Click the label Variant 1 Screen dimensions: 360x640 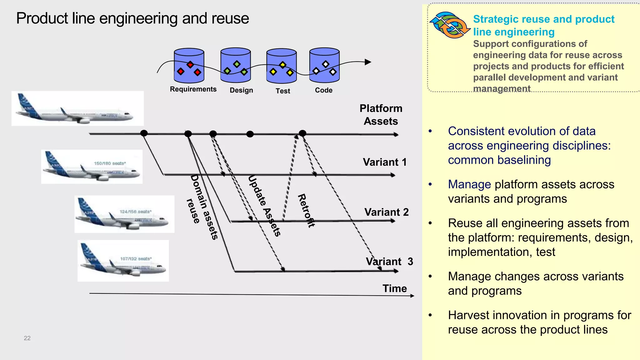pos(385,162)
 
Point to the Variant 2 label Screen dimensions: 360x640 pos(386,212)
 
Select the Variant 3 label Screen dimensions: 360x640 pos(389,262)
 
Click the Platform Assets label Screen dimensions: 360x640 pos(381,115)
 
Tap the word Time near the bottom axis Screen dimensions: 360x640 pos(395,288)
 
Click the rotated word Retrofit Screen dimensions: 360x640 pos(306,210)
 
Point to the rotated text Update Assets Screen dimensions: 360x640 pos(264,206)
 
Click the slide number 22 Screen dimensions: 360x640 pos(27,338)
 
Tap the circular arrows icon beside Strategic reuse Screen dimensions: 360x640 pos(450,25)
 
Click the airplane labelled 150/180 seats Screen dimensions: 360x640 pos(92,167)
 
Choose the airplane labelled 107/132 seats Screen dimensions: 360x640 pos(123,261)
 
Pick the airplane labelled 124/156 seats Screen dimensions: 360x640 pos(124,214)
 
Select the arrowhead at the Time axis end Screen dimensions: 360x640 pos(412,296)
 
